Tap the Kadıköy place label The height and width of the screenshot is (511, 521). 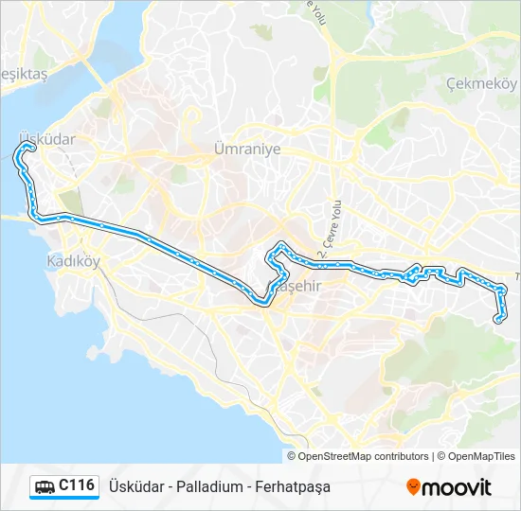pos(73,260)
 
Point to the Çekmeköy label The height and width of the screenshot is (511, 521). pos(481,82)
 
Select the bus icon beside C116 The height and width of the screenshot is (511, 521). pos(45,486)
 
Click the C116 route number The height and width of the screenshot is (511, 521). pos(77,485)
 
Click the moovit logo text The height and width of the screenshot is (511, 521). pos(457,487)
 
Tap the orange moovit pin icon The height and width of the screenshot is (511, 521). pos(413,487)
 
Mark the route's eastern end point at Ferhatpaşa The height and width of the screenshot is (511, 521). pos(498,320)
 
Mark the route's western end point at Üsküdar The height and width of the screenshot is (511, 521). pos(29,148)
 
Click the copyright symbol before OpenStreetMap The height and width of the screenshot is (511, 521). pos(293,456)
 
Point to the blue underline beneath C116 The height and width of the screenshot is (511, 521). pos(63,499)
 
